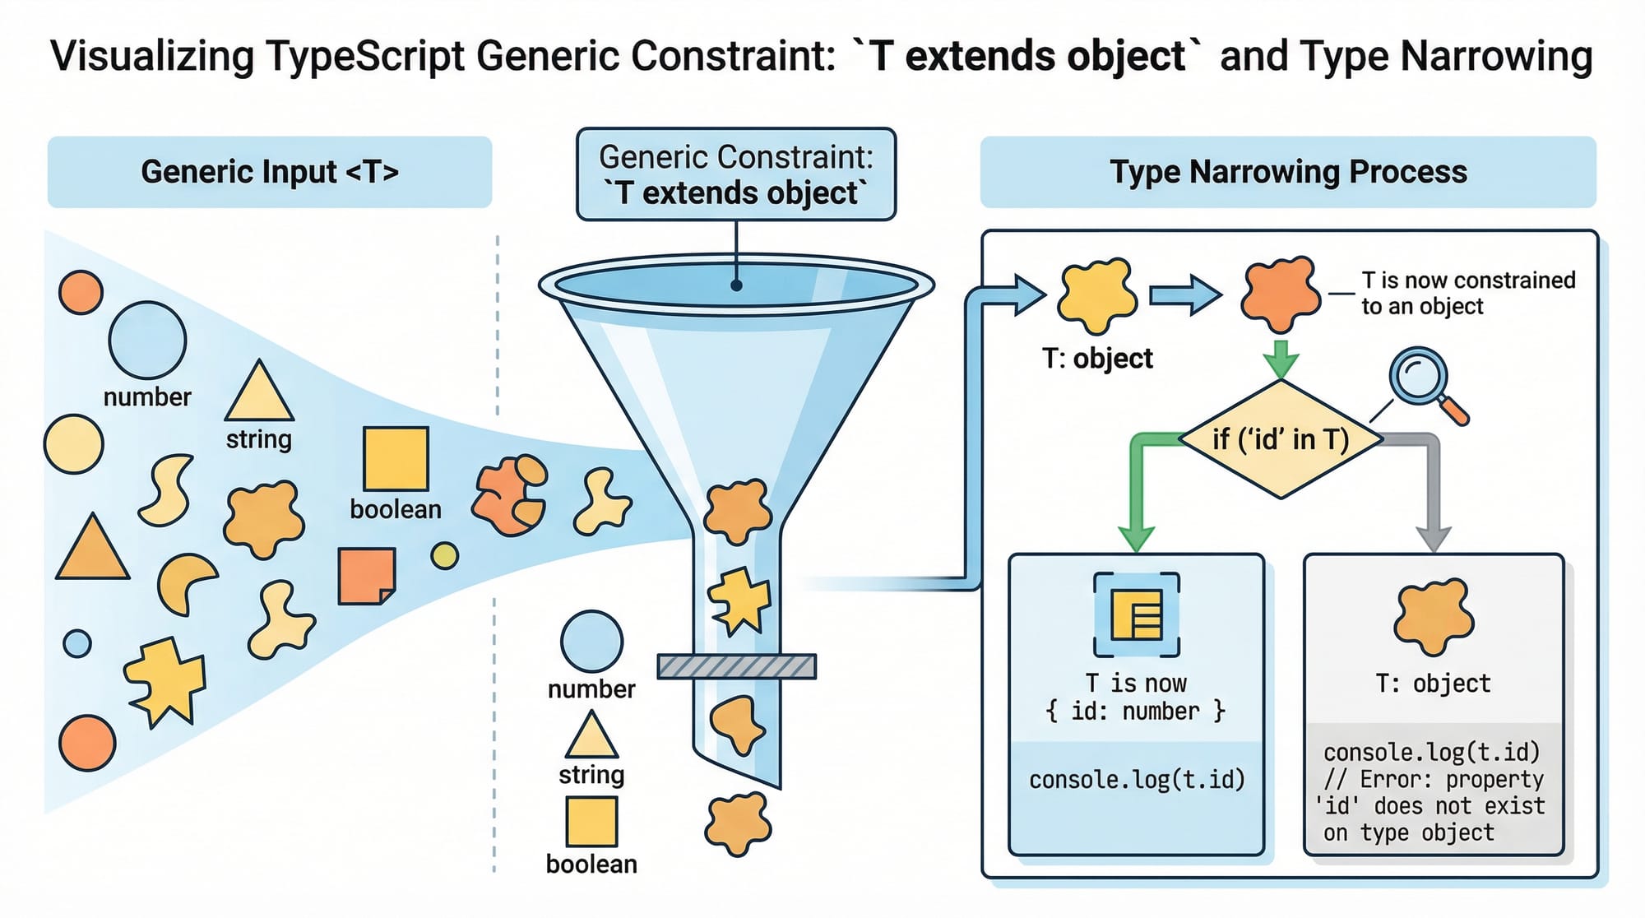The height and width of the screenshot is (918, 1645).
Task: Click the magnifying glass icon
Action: pyautogui.click(x=1419, y=378)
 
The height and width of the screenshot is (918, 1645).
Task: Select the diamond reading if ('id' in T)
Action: pyautogui.click(x=1281, y=439)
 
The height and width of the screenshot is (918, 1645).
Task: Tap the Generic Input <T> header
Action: pyautogui.click(x=270, y=172)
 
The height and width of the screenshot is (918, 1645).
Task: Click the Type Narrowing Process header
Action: pyautogui.click(x=1288, y=172)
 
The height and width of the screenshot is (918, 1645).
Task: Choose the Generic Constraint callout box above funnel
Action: pyautogui.click(x=736, y=174)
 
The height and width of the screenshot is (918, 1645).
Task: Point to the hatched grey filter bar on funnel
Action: pyautogui.click(x=737, y=666)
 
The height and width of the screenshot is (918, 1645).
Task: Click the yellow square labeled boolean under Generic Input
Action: pyautogui.click(x=396, y=458)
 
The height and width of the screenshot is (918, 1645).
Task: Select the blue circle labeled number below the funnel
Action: pyautogui.click(x=591, y=642)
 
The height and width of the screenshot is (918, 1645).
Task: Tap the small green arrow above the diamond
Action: pyautogui.click(x=1281, y=359)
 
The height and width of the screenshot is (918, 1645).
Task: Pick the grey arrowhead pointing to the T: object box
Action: pyautogui.click(x=1434, y=538)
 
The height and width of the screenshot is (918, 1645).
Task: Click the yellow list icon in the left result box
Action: pyautogui.click(x=1137, y=614)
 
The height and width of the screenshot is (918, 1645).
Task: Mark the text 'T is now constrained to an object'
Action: pyautogui.click(x=1467, y=293)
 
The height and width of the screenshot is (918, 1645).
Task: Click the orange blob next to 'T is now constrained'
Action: pyautogui.click(x=1280, y=293)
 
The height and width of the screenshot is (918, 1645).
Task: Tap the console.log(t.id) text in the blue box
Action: pyautogui.click(x=1137, y=779)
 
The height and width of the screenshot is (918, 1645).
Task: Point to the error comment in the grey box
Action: pyautogui.click(x=1434, y=805)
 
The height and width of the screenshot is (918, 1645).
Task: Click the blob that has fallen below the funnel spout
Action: pyautogui.click(x=738, y=823)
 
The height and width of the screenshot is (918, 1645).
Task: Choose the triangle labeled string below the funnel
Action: pyautogui.click(x=591, y=736)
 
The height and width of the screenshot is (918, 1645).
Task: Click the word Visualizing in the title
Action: pyautogui.click(x=153, y=56)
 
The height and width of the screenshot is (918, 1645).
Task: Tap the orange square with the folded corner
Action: pyautogui.click(x=366, y=576)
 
